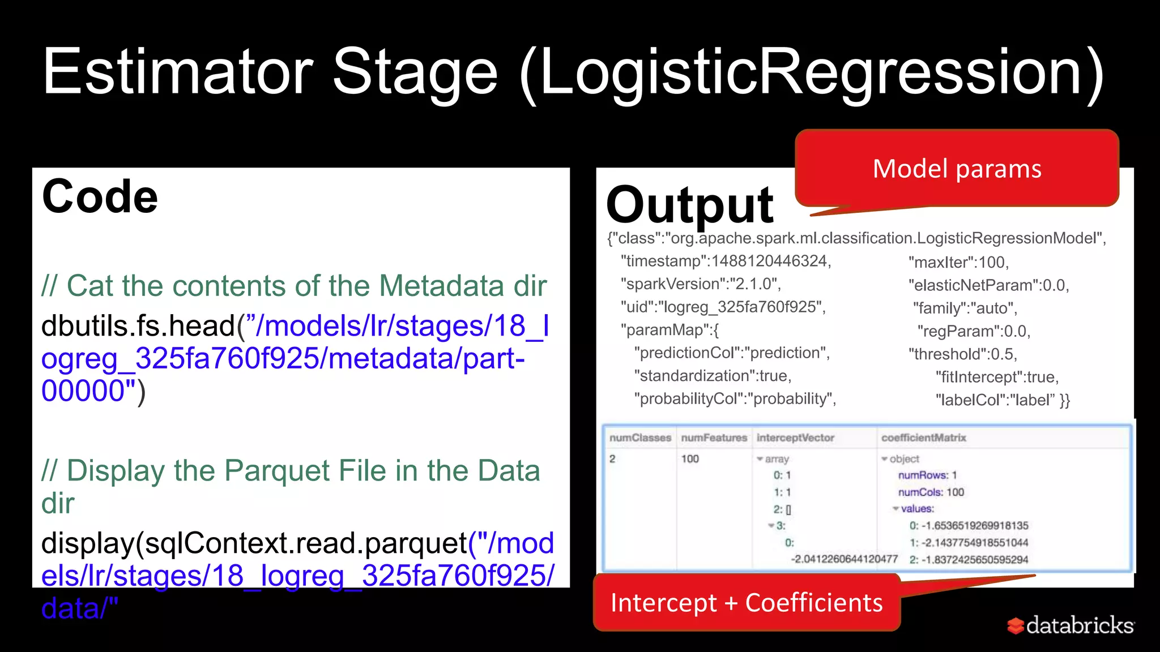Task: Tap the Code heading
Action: [100, 197]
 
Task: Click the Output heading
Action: [689, 205]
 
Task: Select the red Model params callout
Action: [957, 169]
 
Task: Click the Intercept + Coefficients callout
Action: [746, 603]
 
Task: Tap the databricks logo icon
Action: [1016, 625]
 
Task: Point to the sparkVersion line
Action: [701, 284]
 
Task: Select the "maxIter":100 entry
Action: [958, 263]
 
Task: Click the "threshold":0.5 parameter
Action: [963, 354]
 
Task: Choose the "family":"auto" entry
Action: [965, 308]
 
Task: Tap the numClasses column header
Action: [640, 438]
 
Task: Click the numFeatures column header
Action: [714, 438]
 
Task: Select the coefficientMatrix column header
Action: [923, 438]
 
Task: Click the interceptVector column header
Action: [795, 438]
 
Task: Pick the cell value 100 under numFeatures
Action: [690, 459]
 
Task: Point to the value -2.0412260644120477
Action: [844, 559]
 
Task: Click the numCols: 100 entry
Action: [931, 492]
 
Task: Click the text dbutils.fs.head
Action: [138, 326]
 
